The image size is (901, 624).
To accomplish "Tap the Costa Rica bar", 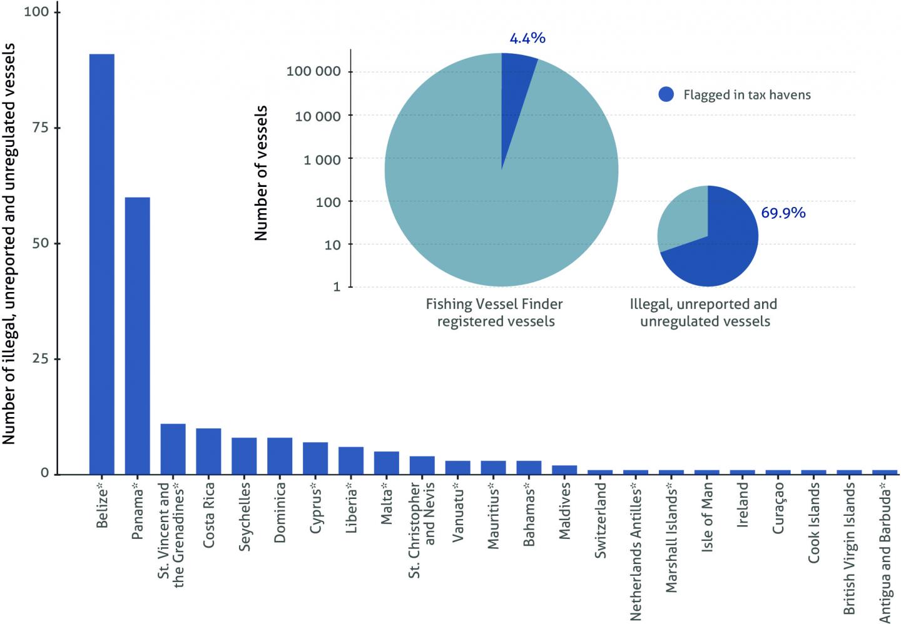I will click(x=208, y=451).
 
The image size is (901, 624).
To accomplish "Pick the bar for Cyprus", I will click(x=315, y=458).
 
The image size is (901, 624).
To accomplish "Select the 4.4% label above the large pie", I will click(x=527, y=38).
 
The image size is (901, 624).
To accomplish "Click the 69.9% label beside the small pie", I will click(x=783, y=213).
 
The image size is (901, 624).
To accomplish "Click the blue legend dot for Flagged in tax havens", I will click(x=666, y=95).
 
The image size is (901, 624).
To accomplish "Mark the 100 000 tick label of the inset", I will click(x=314, y=71).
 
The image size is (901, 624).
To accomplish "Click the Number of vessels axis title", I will click(x=262, y=173).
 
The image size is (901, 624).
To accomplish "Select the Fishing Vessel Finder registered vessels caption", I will click(x=494, y=313).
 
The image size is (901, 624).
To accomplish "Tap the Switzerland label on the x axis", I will click(x=601, y=520).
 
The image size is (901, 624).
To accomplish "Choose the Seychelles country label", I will click(x=245, y=515).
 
